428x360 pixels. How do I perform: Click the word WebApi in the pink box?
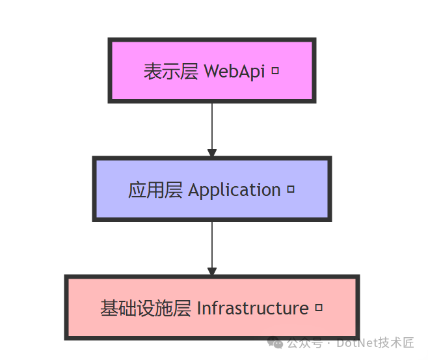pyautogui.click(x=234, y=71)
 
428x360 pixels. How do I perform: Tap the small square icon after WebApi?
pyautogui.click(x=275, y=70)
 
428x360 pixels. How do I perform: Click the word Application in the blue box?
pyautogui.click(x=234, y=190)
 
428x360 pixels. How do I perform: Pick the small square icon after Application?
pyautogui.click(x=291, y=189)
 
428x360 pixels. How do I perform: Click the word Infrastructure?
pyautogui.click(x=252, y=308)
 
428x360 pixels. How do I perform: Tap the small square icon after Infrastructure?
pyautogui.click(x=319, y=307)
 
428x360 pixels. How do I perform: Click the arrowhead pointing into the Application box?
pyautogui.click(x=211, y=152)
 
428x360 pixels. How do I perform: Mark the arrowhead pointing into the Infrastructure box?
pyautogui.click(x=211, y=271)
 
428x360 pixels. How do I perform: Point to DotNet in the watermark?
pyautogui.click(x=357, y=342)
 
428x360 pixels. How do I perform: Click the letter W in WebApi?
pyautogui.click(x=211, y=71)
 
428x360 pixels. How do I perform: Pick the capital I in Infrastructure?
pyautogui.click(x=198, y=308)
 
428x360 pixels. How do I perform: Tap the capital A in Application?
pyautogui.click(x=193, y=190)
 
